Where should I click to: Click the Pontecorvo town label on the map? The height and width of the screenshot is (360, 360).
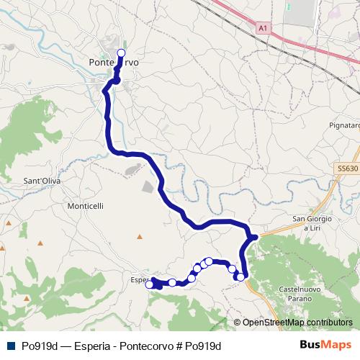pyautogui.click(x=113, y=63)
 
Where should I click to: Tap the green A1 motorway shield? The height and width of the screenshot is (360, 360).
pyautogui.click(x=264, y=28)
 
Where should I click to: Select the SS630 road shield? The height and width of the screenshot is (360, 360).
pyautogui.click(x=347, y=168)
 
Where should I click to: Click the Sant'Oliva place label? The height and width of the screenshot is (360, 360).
pyautogui.click(x=40, y=181)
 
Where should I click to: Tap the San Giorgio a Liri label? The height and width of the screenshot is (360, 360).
pyautogui.click(x=312, y=222)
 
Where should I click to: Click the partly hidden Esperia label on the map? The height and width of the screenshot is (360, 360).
pyautogui.click(x=140, y=280)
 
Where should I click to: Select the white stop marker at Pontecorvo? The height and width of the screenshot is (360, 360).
pyautogui.click(x=121, y=53)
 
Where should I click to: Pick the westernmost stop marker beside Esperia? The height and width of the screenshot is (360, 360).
pyautogui.click(x=150, y=284)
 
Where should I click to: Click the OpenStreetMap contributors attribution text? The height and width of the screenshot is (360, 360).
pyautogui.click(x=297, y=323)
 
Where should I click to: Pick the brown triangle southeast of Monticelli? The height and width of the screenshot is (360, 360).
pyautogui.click(x=140, y=235)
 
